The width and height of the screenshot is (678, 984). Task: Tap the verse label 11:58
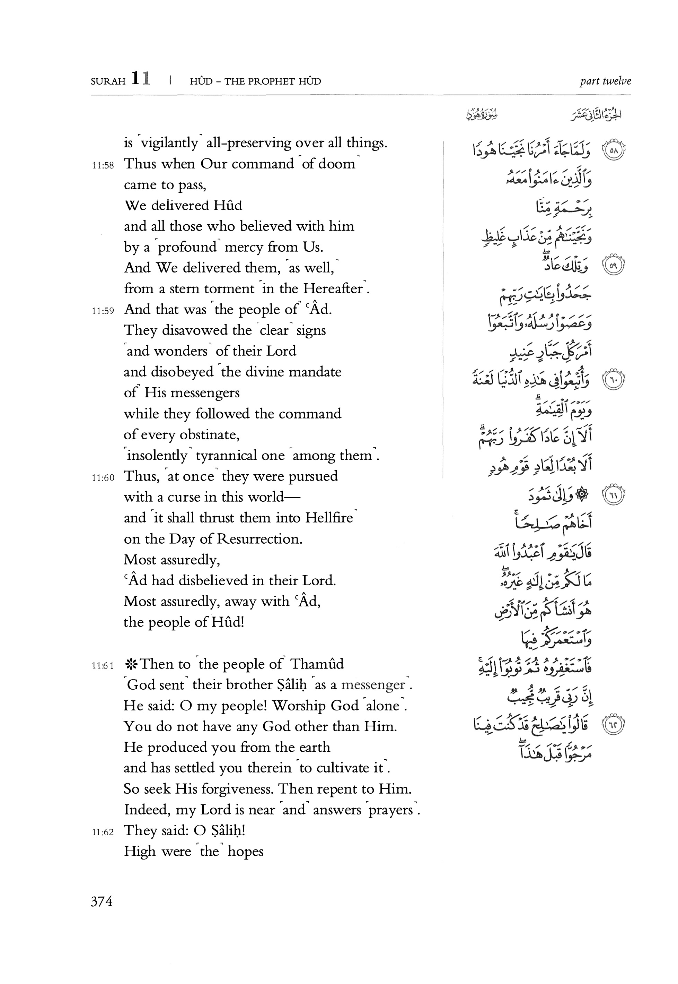point(103,165)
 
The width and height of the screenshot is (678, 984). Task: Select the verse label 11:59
point(103,311)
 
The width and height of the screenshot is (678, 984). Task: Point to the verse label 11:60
point(103,477)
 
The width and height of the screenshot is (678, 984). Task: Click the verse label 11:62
point(103,832)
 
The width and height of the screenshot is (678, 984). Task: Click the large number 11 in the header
point(141,79)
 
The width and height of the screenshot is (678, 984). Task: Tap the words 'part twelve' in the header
point(605,81)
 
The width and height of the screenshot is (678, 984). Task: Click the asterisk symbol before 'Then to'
point(130,664)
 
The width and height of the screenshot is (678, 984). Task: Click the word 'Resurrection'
point(259,539)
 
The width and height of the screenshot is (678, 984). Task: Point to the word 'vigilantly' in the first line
point(169,143)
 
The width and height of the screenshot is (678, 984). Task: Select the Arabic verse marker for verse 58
point(614,150)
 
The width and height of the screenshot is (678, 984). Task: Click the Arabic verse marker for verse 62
point(614,725)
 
